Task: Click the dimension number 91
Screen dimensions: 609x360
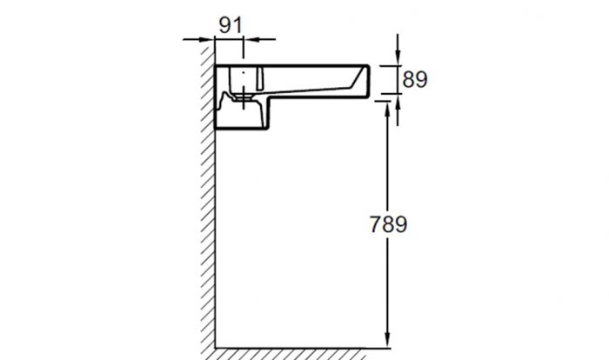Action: pyautogui.click(x=231, y=25)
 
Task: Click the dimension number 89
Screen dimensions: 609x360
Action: pyautogui.click(x=415, y=80)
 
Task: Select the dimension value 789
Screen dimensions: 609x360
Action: pyautogui.click(x=388, y=224)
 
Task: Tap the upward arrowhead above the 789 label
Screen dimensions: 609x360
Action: pyautogui.click(x=387, y=110)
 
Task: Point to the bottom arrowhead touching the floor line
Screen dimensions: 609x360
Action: pyautogui.click(x=387, y=340)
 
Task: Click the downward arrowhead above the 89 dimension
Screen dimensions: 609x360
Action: pyautogui.click(x=398, y=57)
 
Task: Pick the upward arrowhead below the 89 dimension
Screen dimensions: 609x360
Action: pyautogui.click(x=398, y=102)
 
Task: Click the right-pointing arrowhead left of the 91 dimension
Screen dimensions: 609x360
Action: pyautogui.click(x=206, y=39)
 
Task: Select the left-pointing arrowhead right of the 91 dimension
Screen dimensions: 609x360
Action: pyautogui.click(x=251, y=39)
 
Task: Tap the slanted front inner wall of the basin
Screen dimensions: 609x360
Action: pyautogui.click(x=358, y=77)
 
